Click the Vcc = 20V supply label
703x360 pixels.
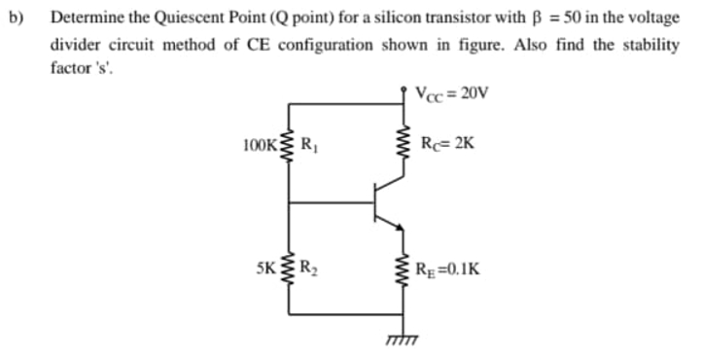[x=453, y=95]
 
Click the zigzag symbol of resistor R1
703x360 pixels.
[x=289, y=153]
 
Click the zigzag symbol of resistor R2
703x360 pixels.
[x=289, y=265]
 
